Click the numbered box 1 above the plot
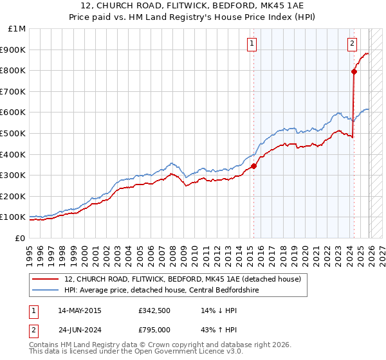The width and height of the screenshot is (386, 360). [x=251, y=44]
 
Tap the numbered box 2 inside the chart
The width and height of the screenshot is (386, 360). [x=353, y=44]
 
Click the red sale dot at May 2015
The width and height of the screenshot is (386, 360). [x=253, y=166]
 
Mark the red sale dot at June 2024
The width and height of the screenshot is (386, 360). [x=354, y=71]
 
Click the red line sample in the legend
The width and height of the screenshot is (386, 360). [x=46, y=279]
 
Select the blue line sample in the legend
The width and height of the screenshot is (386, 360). [x=46, y=290]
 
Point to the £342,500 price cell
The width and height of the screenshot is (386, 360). [x=154, y=310]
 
